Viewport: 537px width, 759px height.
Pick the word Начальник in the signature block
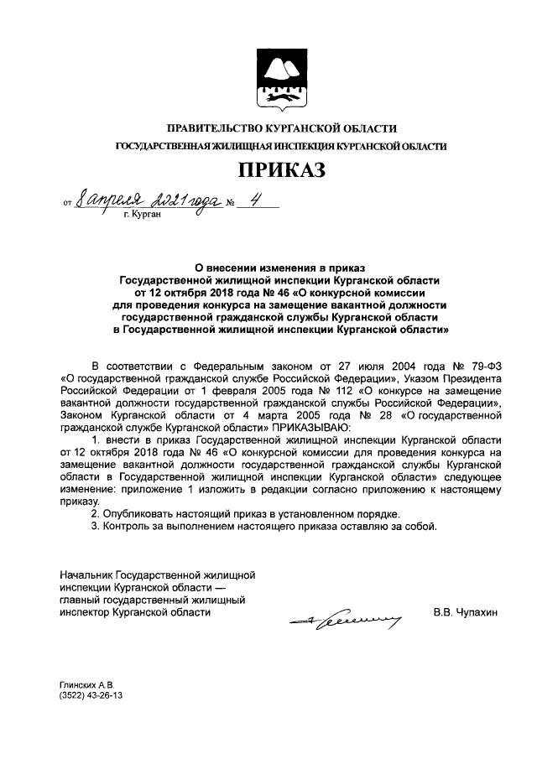pos(86,576)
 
